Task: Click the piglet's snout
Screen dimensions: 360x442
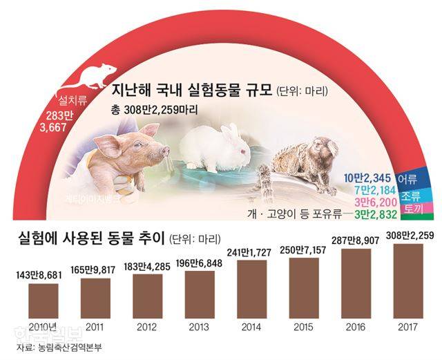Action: coord(163,150)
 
